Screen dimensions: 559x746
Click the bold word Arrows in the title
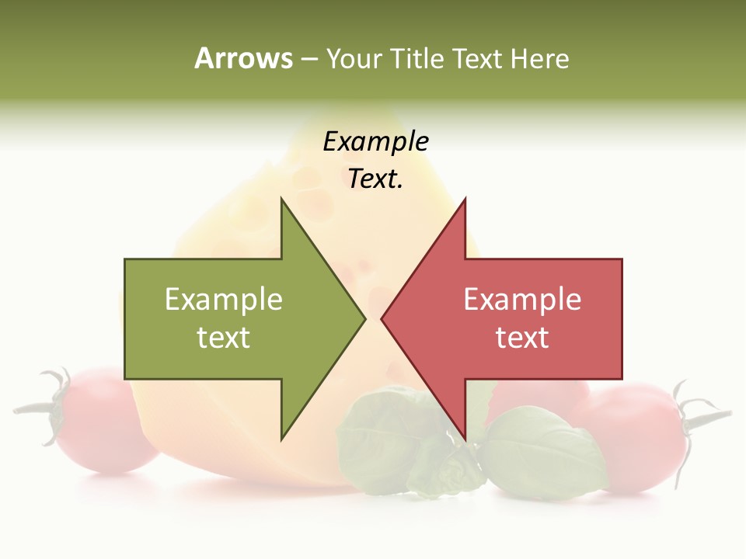pyautogui.click(x=243, y=58)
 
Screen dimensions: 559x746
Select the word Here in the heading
pyautogui.click(x=540, y=58)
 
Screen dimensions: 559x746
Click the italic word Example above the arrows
pyautogui.click(x=375, y=141)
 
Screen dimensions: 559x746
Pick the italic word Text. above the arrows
pyautogui.click(x=375, y=179)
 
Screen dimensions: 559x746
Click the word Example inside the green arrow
pyautogui.click(x=224, y=300)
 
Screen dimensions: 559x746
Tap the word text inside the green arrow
pyautogui.click(x=224, y=338)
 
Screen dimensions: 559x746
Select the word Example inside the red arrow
pyautogui.click(x=522, y=300)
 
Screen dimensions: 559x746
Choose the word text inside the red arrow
pyautogui.click(x=522, y=338)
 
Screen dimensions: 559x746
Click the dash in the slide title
pyautogui.click(x=309, y=60)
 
